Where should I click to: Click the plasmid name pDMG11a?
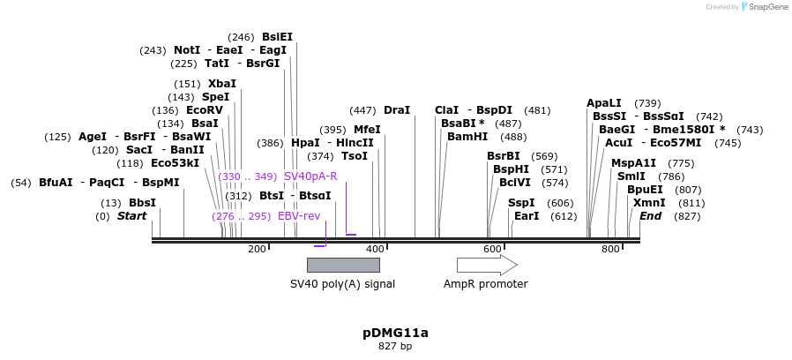tap(395, 333)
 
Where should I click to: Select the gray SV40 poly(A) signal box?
tap(343, 265)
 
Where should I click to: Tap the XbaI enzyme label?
tap(222, 84)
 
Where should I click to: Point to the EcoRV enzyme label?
tap(205, 110)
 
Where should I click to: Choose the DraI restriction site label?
tap(397, 110)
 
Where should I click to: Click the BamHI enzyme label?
tap(467, 137)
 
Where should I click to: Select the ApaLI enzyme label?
tap(604, 103)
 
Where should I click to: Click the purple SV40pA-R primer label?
tap(310, 176)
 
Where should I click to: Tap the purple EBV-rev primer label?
tap(299, 216)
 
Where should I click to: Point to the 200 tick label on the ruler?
tap(257, 250)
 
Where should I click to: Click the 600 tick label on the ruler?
tap(492, 250)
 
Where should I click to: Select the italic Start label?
tap(132, 216)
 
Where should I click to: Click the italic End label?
tap(651, 216)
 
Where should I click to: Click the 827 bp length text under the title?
tap(395, 346)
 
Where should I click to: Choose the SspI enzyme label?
tap(521, 203)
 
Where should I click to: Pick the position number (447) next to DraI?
tap(362, 110)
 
